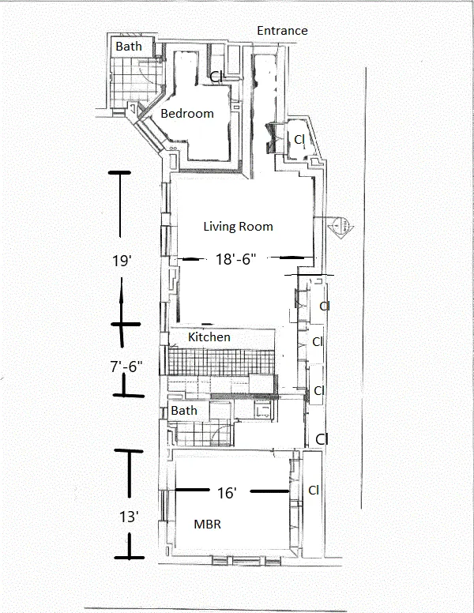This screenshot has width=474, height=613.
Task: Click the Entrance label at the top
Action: click(282, 31)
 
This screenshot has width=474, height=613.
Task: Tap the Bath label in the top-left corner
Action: click(129, 47)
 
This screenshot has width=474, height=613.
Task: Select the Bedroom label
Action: click(187, 114)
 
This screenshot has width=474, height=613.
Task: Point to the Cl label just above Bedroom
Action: click(216, 76)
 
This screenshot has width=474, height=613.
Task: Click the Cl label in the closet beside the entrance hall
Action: click(299, 139)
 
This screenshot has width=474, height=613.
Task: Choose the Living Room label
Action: click(238, 227)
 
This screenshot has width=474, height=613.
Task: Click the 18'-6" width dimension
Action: click(236, 258)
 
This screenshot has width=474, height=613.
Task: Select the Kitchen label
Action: click(209, 337)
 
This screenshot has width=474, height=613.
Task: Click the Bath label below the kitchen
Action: click(184, 411)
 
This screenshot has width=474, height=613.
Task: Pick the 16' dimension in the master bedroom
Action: click(227, 493)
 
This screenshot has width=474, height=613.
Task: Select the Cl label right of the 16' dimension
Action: click(314, 490)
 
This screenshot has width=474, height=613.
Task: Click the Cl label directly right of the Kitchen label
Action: click(318, 342)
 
